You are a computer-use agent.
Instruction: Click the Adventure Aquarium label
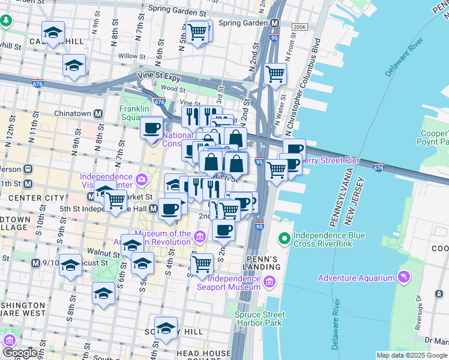tap(356, 278)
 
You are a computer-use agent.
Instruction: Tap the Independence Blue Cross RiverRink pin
tap(285, 239)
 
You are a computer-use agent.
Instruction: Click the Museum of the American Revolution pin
tap(200, 238)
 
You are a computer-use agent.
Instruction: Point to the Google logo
tap(20, 353)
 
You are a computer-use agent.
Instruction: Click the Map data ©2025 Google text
tap(412, 355)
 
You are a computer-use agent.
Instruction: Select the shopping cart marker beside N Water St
tap(275, 74)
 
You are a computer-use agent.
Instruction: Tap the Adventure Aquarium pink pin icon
tap(404, 277)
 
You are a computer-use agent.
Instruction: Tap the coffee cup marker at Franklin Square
tap(152, 127)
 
